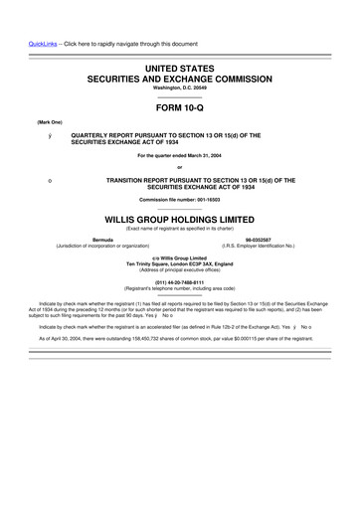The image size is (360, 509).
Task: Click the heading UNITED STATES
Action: pyautogui.click(x=179, y=65)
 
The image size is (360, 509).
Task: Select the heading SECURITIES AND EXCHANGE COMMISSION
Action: pyautogui.click(x=179, y=76)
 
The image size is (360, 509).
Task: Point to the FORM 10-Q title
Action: pyautogui.click(x=179, y=105)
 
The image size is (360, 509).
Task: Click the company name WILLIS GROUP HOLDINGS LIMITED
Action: pyautogui.click(x=179, y=216)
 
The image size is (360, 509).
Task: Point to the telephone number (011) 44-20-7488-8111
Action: pyautogui.click(x=179, y=279)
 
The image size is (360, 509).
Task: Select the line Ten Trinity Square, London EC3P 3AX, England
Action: pyautogui.click(x=179, y=263)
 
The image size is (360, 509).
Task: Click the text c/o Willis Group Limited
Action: pyautogui.click(x=179, y=257)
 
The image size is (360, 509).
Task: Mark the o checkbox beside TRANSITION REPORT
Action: pyautogui.click(x=35, y=179)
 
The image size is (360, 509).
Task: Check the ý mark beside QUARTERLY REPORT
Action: pyautogui.click(x=35, y=134)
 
